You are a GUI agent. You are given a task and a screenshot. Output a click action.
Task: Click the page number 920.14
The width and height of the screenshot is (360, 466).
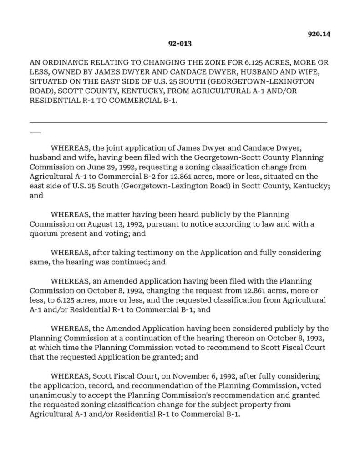pos(318,34)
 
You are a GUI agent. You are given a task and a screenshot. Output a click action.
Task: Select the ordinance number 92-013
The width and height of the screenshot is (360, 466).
pos(179,44)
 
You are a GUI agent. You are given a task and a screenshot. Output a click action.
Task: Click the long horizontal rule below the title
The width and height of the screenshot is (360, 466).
pos(178,122)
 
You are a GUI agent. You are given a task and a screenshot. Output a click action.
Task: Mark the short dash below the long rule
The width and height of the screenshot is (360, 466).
pos(35,132)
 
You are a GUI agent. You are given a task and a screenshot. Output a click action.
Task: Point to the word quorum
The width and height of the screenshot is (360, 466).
pos(42,233)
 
